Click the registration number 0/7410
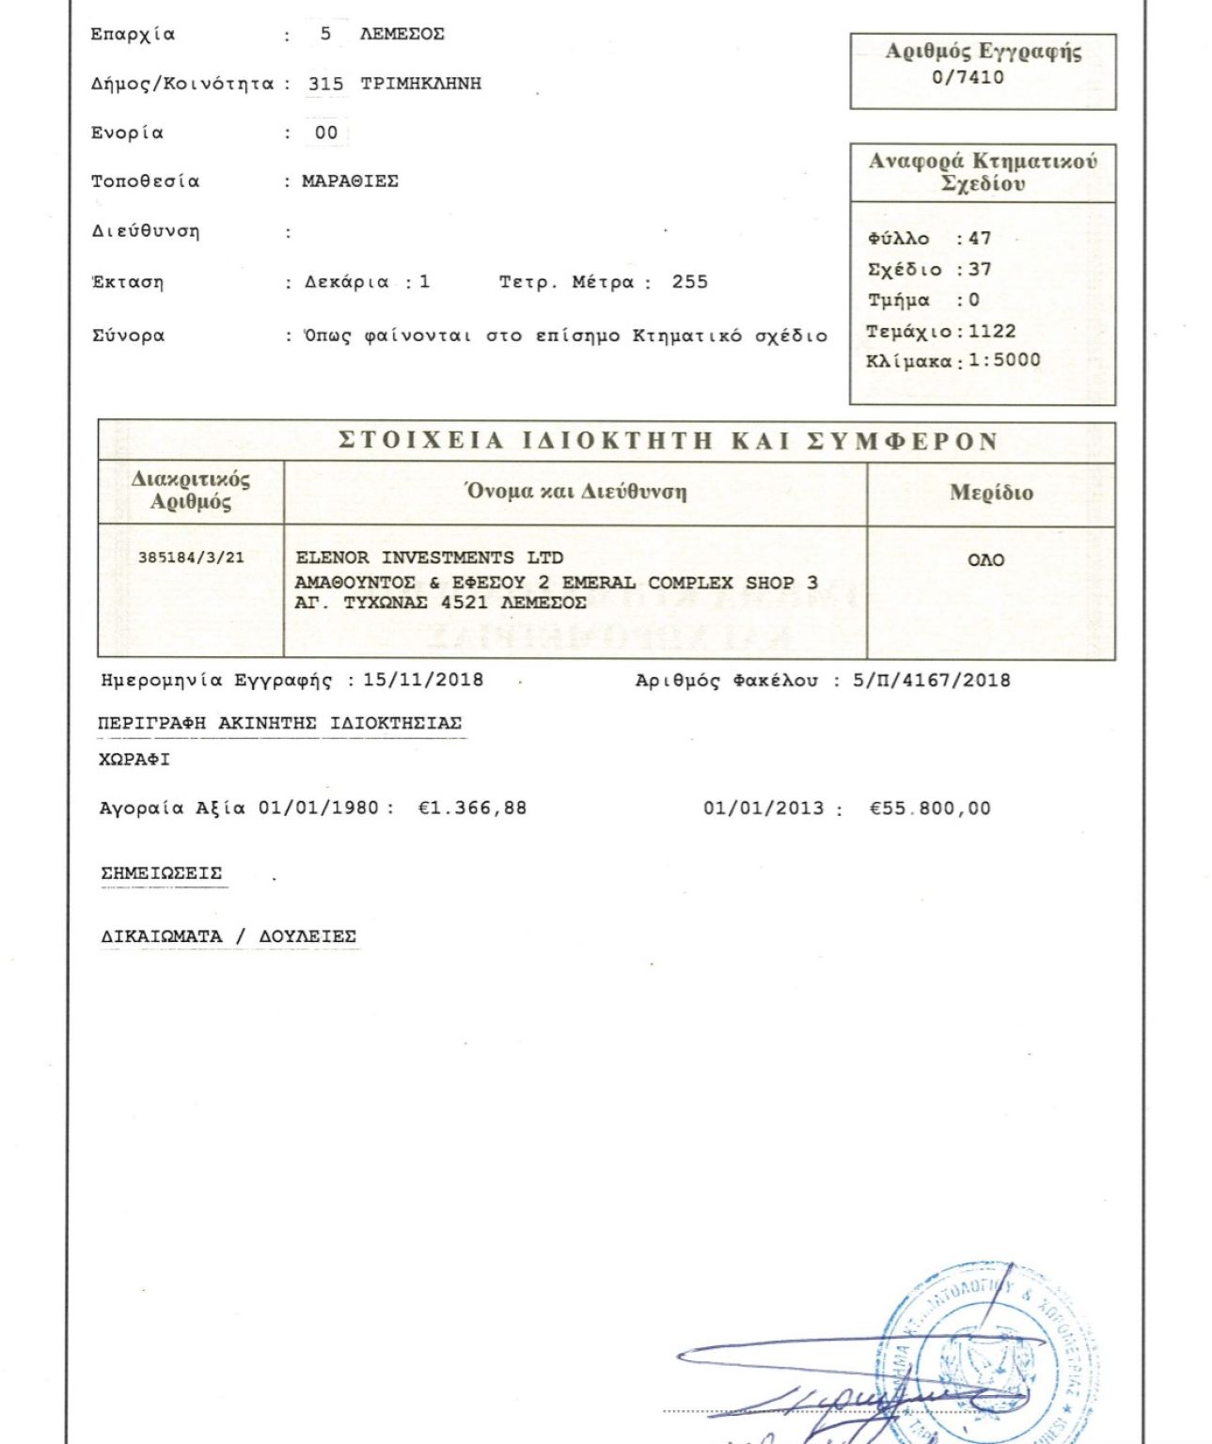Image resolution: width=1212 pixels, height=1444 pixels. click(968, 78)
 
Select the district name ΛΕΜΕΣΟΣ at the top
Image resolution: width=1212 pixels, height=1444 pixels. click(401, 35)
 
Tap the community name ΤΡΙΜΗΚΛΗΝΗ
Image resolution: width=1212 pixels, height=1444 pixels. click(420, 84)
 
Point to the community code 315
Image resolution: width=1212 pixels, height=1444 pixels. click(325, 84)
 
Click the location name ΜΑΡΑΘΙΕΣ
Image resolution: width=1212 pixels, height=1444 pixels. click(350, 181)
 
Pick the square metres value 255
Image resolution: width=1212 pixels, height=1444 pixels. click(689, 282)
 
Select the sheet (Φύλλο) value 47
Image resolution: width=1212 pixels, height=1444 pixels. click(980, 239)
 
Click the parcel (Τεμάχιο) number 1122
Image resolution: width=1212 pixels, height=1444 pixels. click(992, 331)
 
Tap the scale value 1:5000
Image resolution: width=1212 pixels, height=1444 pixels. click(1004, 360)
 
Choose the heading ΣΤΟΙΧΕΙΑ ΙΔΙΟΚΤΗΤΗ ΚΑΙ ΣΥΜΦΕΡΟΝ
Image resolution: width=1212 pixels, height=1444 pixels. click(668, 441)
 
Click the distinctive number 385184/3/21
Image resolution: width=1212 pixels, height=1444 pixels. click(191, 557)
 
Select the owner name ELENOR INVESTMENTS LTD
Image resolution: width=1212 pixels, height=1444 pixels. click(429, 557)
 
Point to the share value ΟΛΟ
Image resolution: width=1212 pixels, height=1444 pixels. click(985, 560)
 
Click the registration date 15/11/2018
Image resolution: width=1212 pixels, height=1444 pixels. click(423, 680)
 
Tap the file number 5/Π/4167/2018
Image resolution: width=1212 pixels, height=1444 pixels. click(931, 680)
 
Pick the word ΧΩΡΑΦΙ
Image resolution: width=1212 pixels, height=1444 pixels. click(134, 760)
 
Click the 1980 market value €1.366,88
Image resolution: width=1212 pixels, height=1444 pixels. click(472, 808)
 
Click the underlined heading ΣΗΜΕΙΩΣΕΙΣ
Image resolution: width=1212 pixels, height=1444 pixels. click(162, 873)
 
